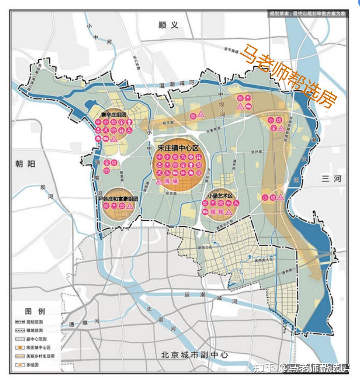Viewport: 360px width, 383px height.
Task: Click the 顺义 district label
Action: (x=169, y=25)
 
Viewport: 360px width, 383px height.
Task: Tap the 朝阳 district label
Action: (x=25, y=163)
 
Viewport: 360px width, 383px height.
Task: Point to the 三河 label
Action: (x=331, y=179)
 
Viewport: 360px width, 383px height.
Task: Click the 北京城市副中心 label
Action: (x=194, y=355)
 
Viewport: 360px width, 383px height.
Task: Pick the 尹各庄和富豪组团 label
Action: (x=118, y=198)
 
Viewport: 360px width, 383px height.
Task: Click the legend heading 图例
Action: (x=35, y=311)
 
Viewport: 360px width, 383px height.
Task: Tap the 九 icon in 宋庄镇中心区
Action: (x=182, y=157)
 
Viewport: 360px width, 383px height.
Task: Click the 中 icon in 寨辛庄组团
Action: (x=98, y=122)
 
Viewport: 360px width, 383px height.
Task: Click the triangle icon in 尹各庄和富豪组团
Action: (x=130, y=206)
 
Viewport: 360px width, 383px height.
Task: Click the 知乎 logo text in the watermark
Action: (x=264, y=368)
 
